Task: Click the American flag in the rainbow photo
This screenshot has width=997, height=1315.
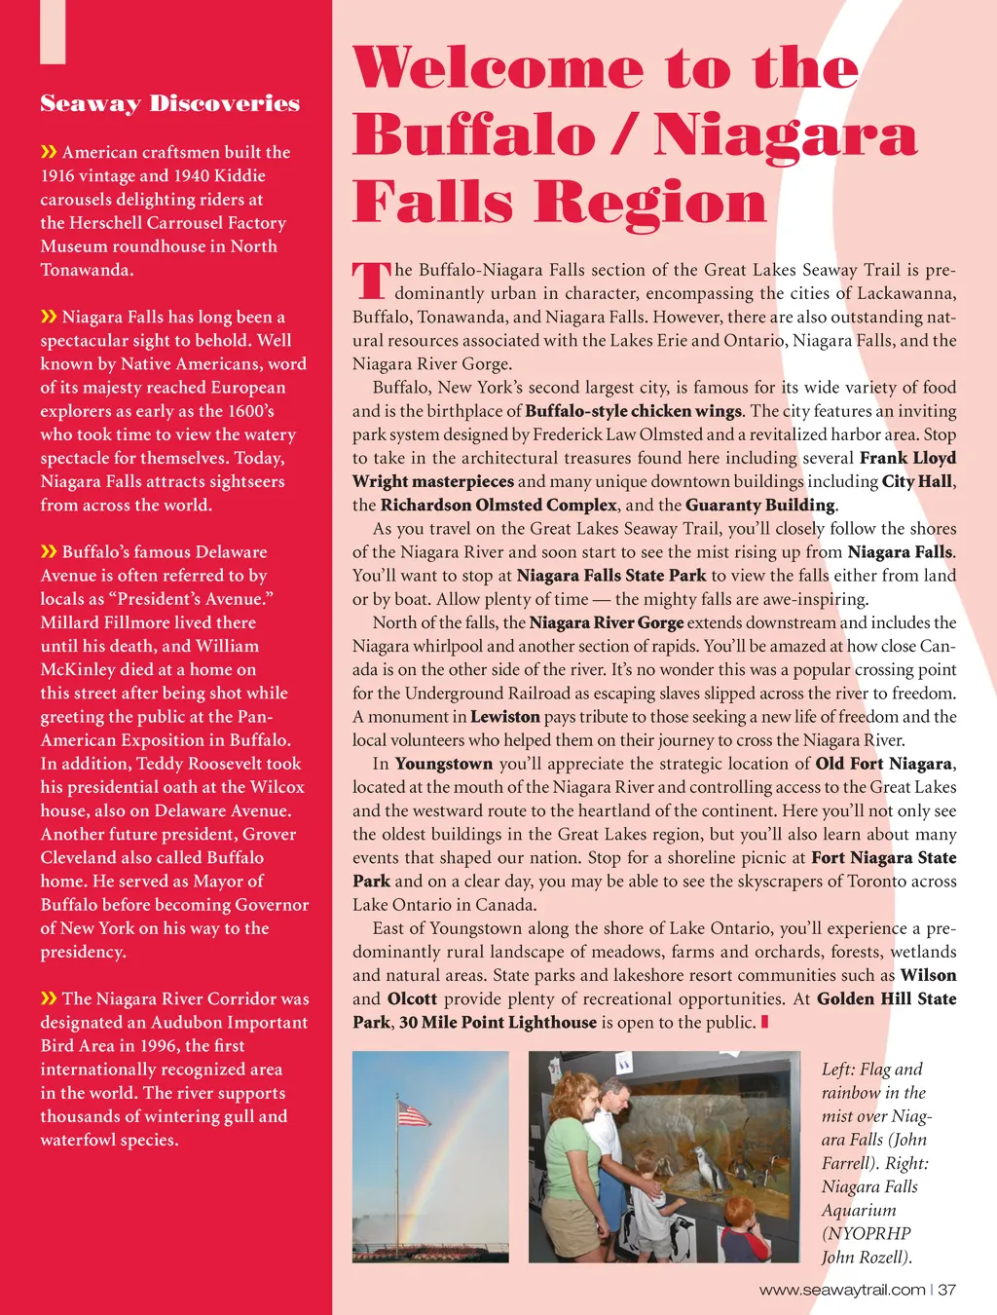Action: [x=414, y=1114]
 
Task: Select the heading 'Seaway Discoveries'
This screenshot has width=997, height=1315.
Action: [x=170, y=103]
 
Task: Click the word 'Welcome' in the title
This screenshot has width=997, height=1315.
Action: [x=498, y=69]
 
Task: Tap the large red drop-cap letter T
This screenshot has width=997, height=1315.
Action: [x=370, y=280]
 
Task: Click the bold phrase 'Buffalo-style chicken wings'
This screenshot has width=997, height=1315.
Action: [x=634, y=411]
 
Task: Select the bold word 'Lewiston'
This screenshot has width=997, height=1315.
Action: [x=504, y=717]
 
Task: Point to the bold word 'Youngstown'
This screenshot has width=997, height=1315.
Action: [x=444, y=764]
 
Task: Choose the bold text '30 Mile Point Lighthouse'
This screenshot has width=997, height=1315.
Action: [x=498, y=1022]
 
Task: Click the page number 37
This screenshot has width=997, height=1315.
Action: [x=947, y=1290]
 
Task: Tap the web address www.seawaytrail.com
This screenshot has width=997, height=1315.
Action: [x=841, y=1290]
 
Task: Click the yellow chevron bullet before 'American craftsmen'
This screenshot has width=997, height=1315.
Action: [x=49, y=152]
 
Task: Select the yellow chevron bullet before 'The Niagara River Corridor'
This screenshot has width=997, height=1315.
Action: [x=49, y=998]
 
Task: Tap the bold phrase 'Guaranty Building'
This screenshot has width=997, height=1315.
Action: [x=759, y=505]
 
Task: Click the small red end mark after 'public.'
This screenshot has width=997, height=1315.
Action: [x=765, y=1022]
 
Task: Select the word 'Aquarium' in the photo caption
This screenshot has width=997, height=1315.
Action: [x=859, y=1210]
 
